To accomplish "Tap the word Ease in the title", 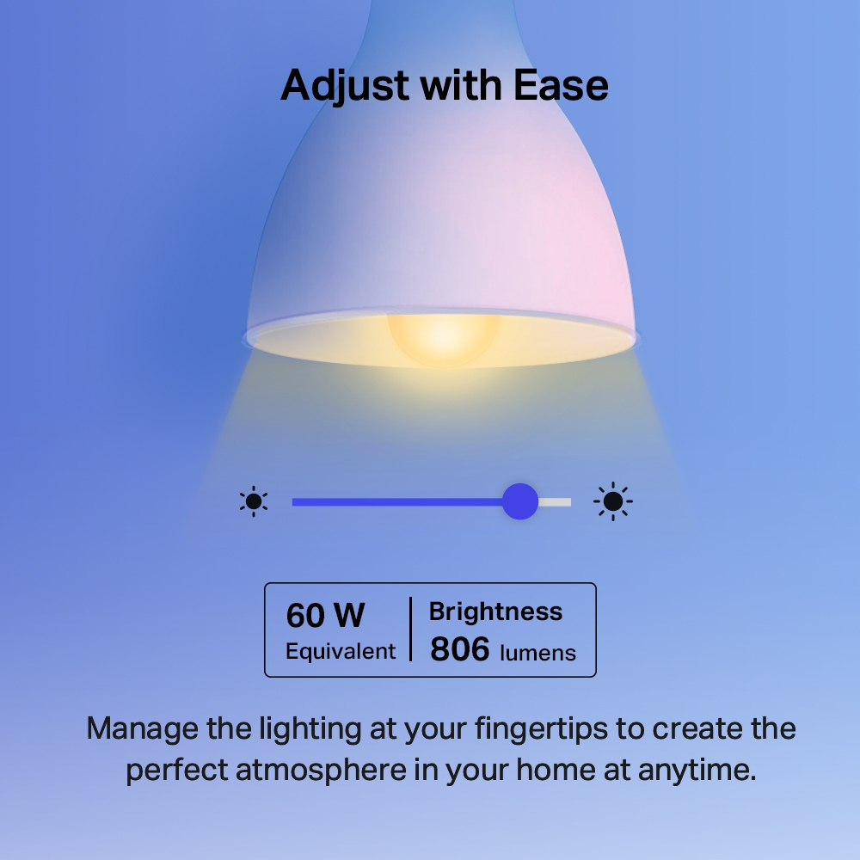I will point(562,86).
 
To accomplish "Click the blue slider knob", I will point(519,501).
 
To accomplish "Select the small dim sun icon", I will point(254,501).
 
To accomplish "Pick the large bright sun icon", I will point(613,501).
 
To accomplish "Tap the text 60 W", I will point(325,616).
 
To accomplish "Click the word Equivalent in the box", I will point(341,651).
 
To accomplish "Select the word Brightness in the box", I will point(495,611).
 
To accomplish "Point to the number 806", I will point(459,649).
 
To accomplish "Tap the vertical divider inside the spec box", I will point(410,630).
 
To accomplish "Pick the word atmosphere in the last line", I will point(321,769).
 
